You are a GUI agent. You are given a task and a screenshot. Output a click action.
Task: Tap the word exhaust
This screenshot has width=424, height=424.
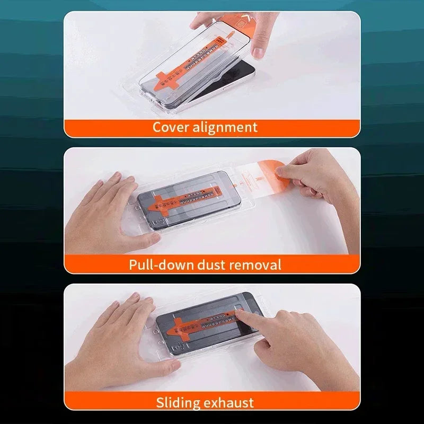coord(232,402)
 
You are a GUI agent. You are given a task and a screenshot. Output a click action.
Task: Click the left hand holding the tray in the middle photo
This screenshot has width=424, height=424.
coord(114,209)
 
